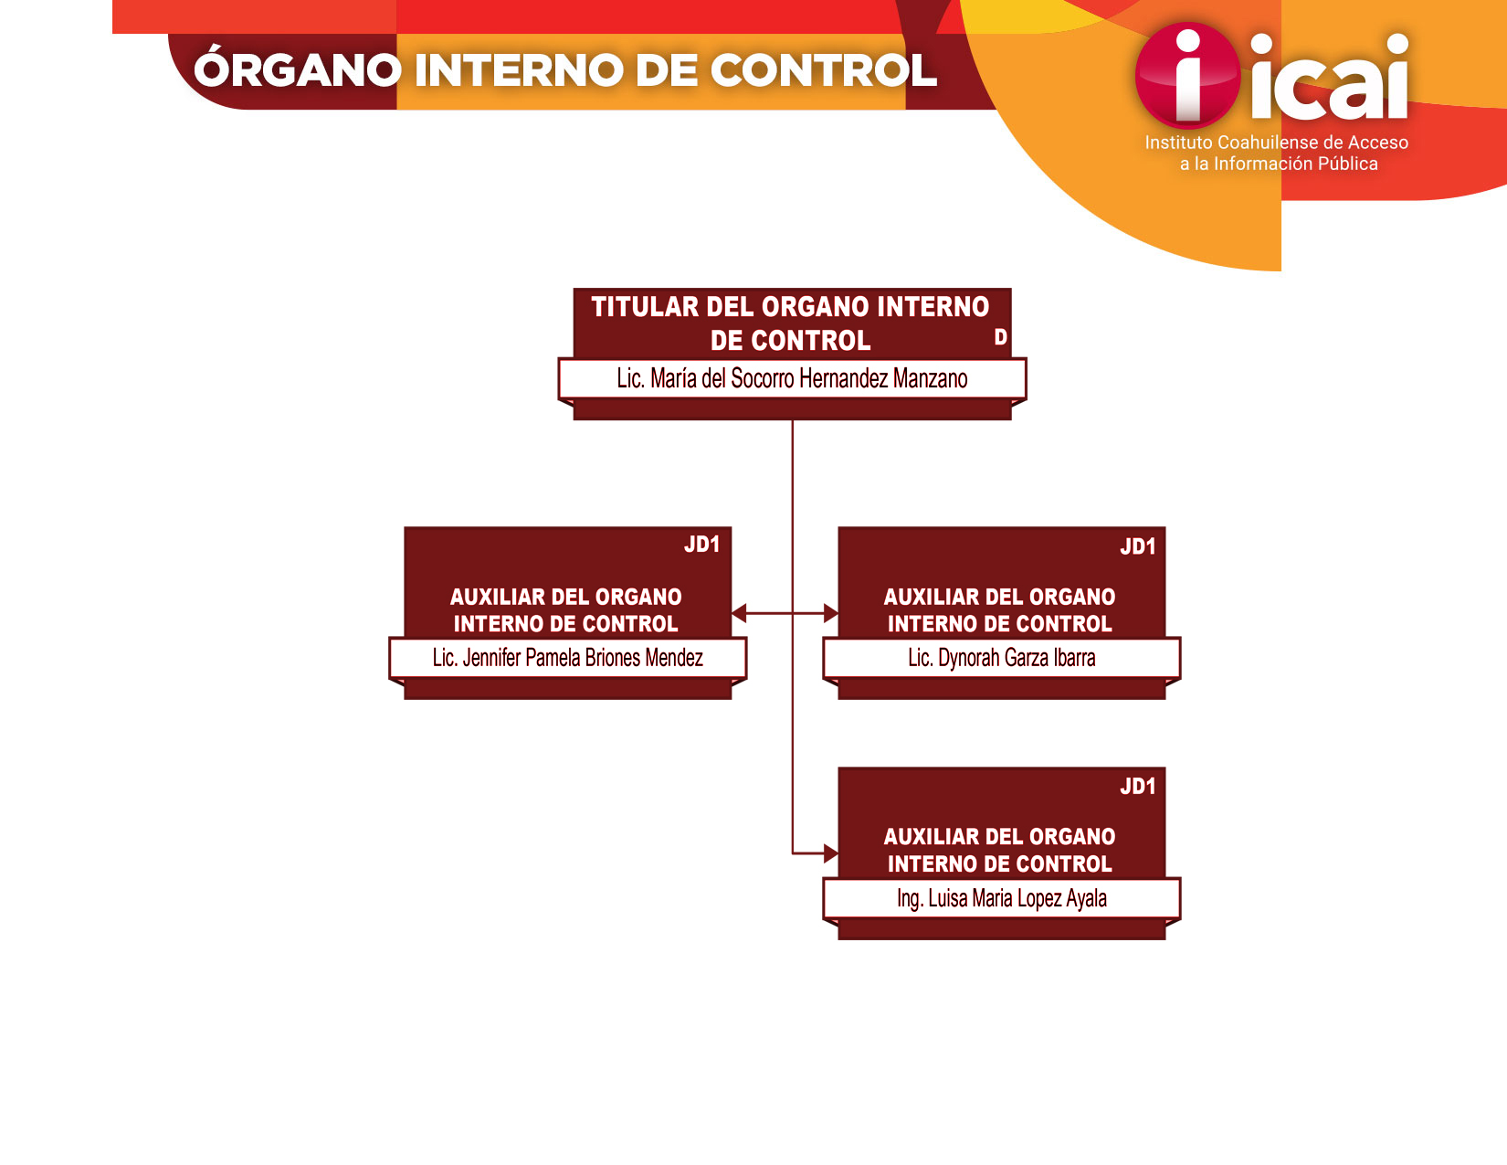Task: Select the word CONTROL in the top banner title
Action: point(823,70)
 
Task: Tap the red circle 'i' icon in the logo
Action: point(1187,75)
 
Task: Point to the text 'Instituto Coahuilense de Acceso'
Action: point(1276,143)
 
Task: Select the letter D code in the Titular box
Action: point(1000,336)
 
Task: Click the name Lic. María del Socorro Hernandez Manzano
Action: point(792,378)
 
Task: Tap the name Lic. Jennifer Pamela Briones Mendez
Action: point(567,657)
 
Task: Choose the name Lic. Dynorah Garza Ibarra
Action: point(1001,657)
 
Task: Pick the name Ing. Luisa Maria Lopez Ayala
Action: point(1001,898)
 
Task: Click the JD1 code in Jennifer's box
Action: point(701,545)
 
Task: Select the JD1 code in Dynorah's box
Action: point(1137,546)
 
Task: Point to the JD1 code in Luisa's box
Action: point(1137,786)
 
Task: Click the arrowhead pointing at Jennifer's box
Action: point(739,613)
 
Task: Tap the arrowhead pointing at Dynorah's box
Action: point(831,613)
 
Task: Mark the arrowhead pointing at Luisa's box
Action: point(831,853)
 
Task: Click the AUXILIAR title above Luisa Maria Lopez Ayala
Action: point(999,850)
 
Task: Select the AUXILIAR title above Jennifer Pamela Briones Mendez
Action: point(566,609)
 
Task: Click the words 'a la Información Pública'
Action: point(1278,164)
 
